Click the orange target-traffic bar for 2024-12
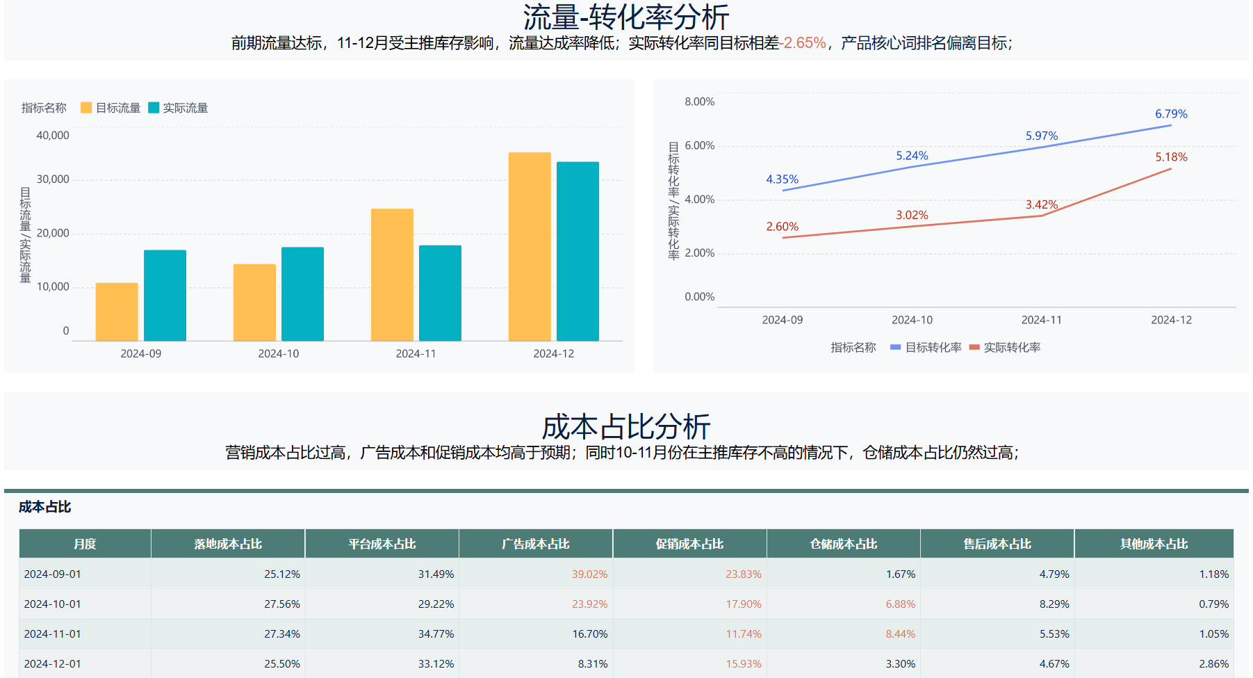click(x=530, y=246)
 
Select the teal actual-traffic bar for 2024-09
click(x=165, y=295)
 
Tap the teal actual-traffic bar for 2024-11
click(x=440, y=293)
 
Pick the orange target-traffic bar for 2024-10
click(x=254, y=302)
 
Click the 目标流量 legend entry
click(x=111, y=108)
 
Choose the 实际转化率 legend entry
click(x=1005, y=348)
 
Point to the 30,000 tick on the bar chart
click(x=53, y=179)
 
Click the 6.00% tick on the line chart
click(x=699, y=145)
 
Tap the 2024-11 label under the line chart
click(x=1041, y=320)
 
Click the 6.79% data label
click(x=1171, y=114)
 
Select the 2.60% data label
click(x=782, y=227)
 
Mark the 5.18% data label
click(x=1171, y=157)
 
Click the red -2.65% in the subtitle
click(x=803, y=43)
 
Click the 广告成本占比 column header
click(x=536, y=544)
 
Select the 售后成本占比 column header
click(x=997, y=544)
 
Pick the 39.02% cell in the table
click(x=589, y=574)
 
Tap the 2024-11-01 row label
click(x=53, y=634)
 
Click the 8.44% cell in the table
click(x=900, y=634)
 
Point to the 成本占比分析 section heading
click(x=625, y=426)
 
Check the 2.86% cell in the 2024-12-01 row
click(x=1213, y=664)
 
